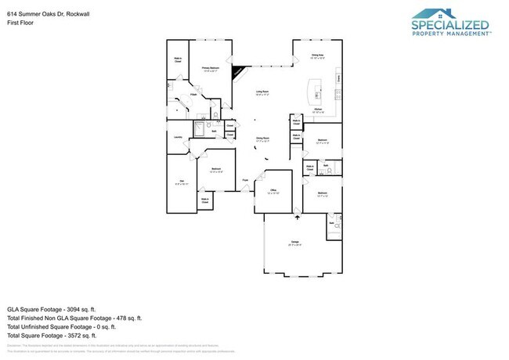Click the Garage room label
pos(296,242)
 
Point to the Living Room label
pos(262,93)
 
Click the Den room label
pos(181,182)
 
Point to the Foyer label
pos(245,180)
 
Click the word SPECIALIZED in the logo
pos(450,24)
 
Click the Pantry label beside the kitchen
pos(338,78)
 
